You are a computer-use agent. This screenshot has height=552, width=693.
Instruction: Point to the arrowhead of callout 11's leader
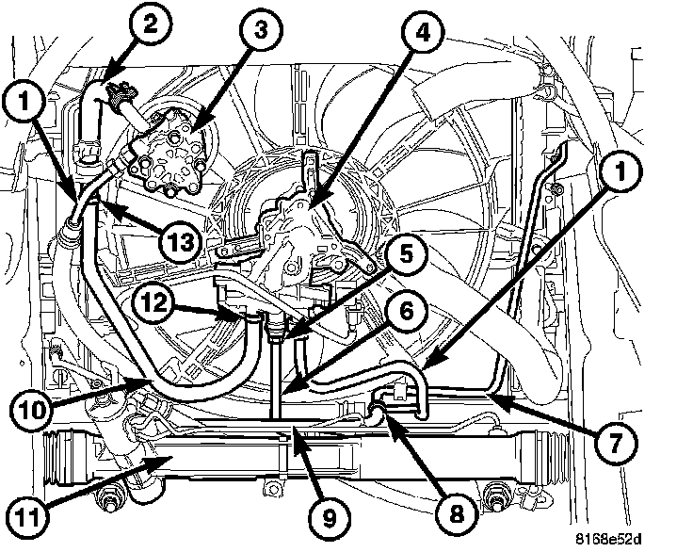click(169, 459)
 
